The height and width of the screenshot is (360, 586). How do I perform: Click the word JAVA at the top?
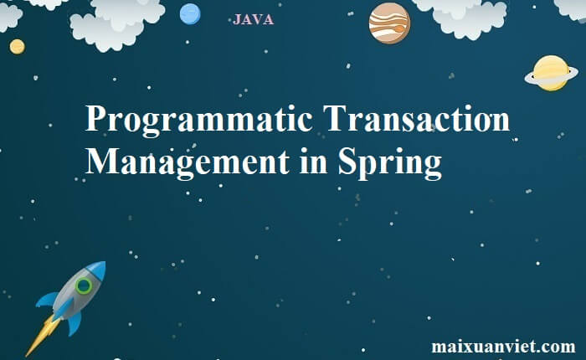click(253, 19)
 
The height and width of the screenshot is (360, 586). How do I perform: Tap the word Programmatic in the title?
click(199, 119)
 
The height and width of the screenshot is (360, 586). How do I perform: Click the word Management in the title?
click(188, 162)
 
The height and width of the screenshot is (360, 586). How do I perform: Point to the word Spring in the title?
click(390, 162)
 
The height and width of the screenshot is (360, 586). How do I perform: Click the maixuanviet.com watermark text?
click(503, 346)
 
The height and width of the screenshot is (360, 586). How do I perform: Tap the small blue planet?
click(190, 14)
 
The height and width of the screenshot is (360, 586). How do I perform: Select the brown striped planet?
click(389, 23)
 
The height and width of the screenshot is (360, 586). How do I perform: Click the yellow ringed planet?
click(551, 74)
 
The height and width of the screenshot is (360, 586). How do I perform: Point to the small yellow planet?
click(18, 47)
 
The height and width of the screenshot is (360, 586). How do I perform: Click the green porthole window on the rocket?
click(84, 286)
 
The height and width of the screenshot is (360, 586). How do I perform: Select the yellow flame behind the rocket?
click(42, 336)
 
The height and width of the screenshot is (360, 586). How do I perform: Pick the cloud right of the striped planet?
click(465, 18)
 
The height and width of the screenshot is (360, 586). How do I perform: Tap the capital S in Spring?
click(347, 161)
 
